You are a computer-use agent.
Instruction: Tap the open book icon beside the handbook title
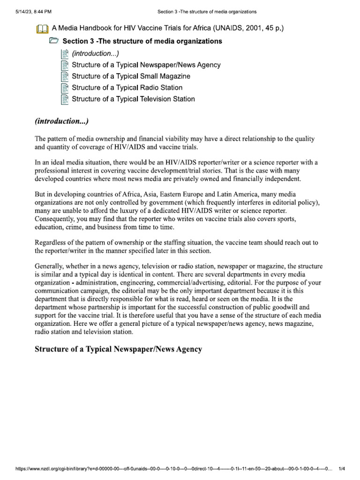click(42, 29)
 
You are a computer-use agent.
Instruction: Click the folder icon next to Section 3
click(54, 41)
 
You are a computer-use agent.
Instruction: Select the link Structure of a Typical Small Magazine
click(131, 76)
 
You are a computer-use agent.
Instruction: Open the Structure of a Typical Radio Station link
click(127, 88)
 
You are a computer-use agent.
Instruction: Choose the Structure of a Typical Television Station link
click(133, 99)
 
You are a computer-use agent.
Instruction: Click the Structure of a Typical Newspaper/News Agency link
click(146, 65)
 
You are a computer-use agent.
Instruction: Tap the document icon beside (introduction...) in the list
click(65, 53)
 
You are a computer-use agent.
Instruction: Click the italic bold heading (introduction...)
click(61, 121)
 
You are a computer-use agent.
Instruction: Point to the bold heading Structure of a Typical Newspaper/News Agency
click(119, 350)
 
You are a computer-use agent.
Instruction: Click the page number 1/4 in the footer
click(341, 472)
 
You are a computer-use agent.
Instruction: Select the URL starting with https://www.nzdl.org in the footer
click(169, 472)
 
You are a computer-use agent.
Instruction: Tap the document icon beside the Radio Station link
click(65, 88)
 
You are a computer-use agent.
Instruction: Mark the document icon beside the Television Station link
click(65, 99)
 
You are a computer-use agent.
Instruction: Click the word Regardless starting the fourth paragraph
click(52, 242)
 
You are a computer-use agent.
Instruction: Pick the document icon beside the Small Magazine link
click(65, 76)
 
